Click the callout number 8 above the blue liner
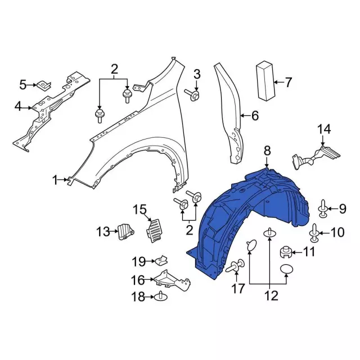pyautogui.click(x=267, y=150)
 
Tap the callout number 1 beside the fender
pyautogui.click(x=56, y=181)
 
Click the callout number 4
pyautogui.click(x=18, y=106)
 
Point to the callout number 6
pyautogui.click(x=254, y=116)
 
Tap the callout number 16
pyautogui.click(x=138, y=280)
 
